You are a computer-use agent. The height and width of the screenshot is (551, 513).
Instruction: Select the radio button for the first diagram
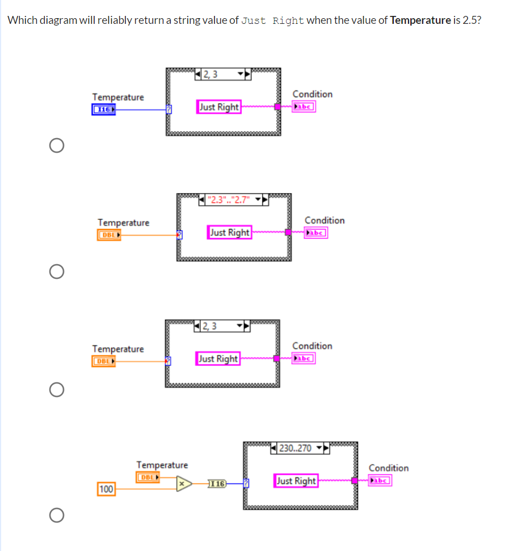coord(56,146)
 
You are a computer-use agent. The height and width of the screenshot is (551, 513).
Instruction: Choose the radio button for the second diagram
coord(56,272)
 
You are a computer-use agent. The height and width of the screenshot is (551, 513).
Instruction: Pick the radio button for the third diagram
coord(56,390)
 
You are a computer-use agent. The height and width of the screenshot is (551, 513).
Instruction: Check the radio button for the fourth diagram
coord(56,515)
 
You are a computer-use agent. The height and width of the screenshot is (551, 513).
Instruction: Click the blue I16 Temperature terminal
coord(103,109)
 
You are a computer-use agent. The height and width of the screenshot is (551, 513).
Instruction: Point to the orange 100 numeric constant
coord(106,489)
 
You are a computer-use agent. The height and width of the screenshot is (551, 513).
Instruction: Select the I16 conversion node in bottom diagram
coord(217,484)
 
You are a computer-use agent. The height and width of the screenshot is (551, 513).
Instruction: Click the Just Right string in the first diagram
coord(219,107)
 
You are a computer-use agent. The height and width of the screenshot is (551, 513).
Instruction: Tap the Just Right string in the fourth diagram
coord(296,481)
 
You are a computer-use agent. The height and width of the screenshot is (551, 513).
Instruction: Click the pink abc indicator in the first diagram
coord(304,106)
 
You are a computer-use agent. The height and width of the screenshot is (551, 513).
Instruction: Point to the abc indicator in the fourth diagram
coord(380,481)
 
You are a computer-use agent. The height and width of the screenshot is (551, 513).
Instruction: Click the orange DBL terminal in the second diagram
coord(109,235)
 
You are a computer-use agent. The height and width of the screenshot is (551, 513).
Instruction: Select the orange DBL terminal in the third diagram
coord(103,361)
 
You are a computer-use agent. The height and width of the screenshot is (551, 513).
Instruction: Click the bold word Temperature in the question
coord(420,20)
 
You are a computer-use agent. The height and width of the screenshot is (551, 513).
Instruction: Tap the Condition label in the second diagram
coord(325,220)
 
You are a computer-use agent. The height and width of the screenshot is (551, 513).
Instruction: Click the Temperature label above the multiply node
coord(162,465)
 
